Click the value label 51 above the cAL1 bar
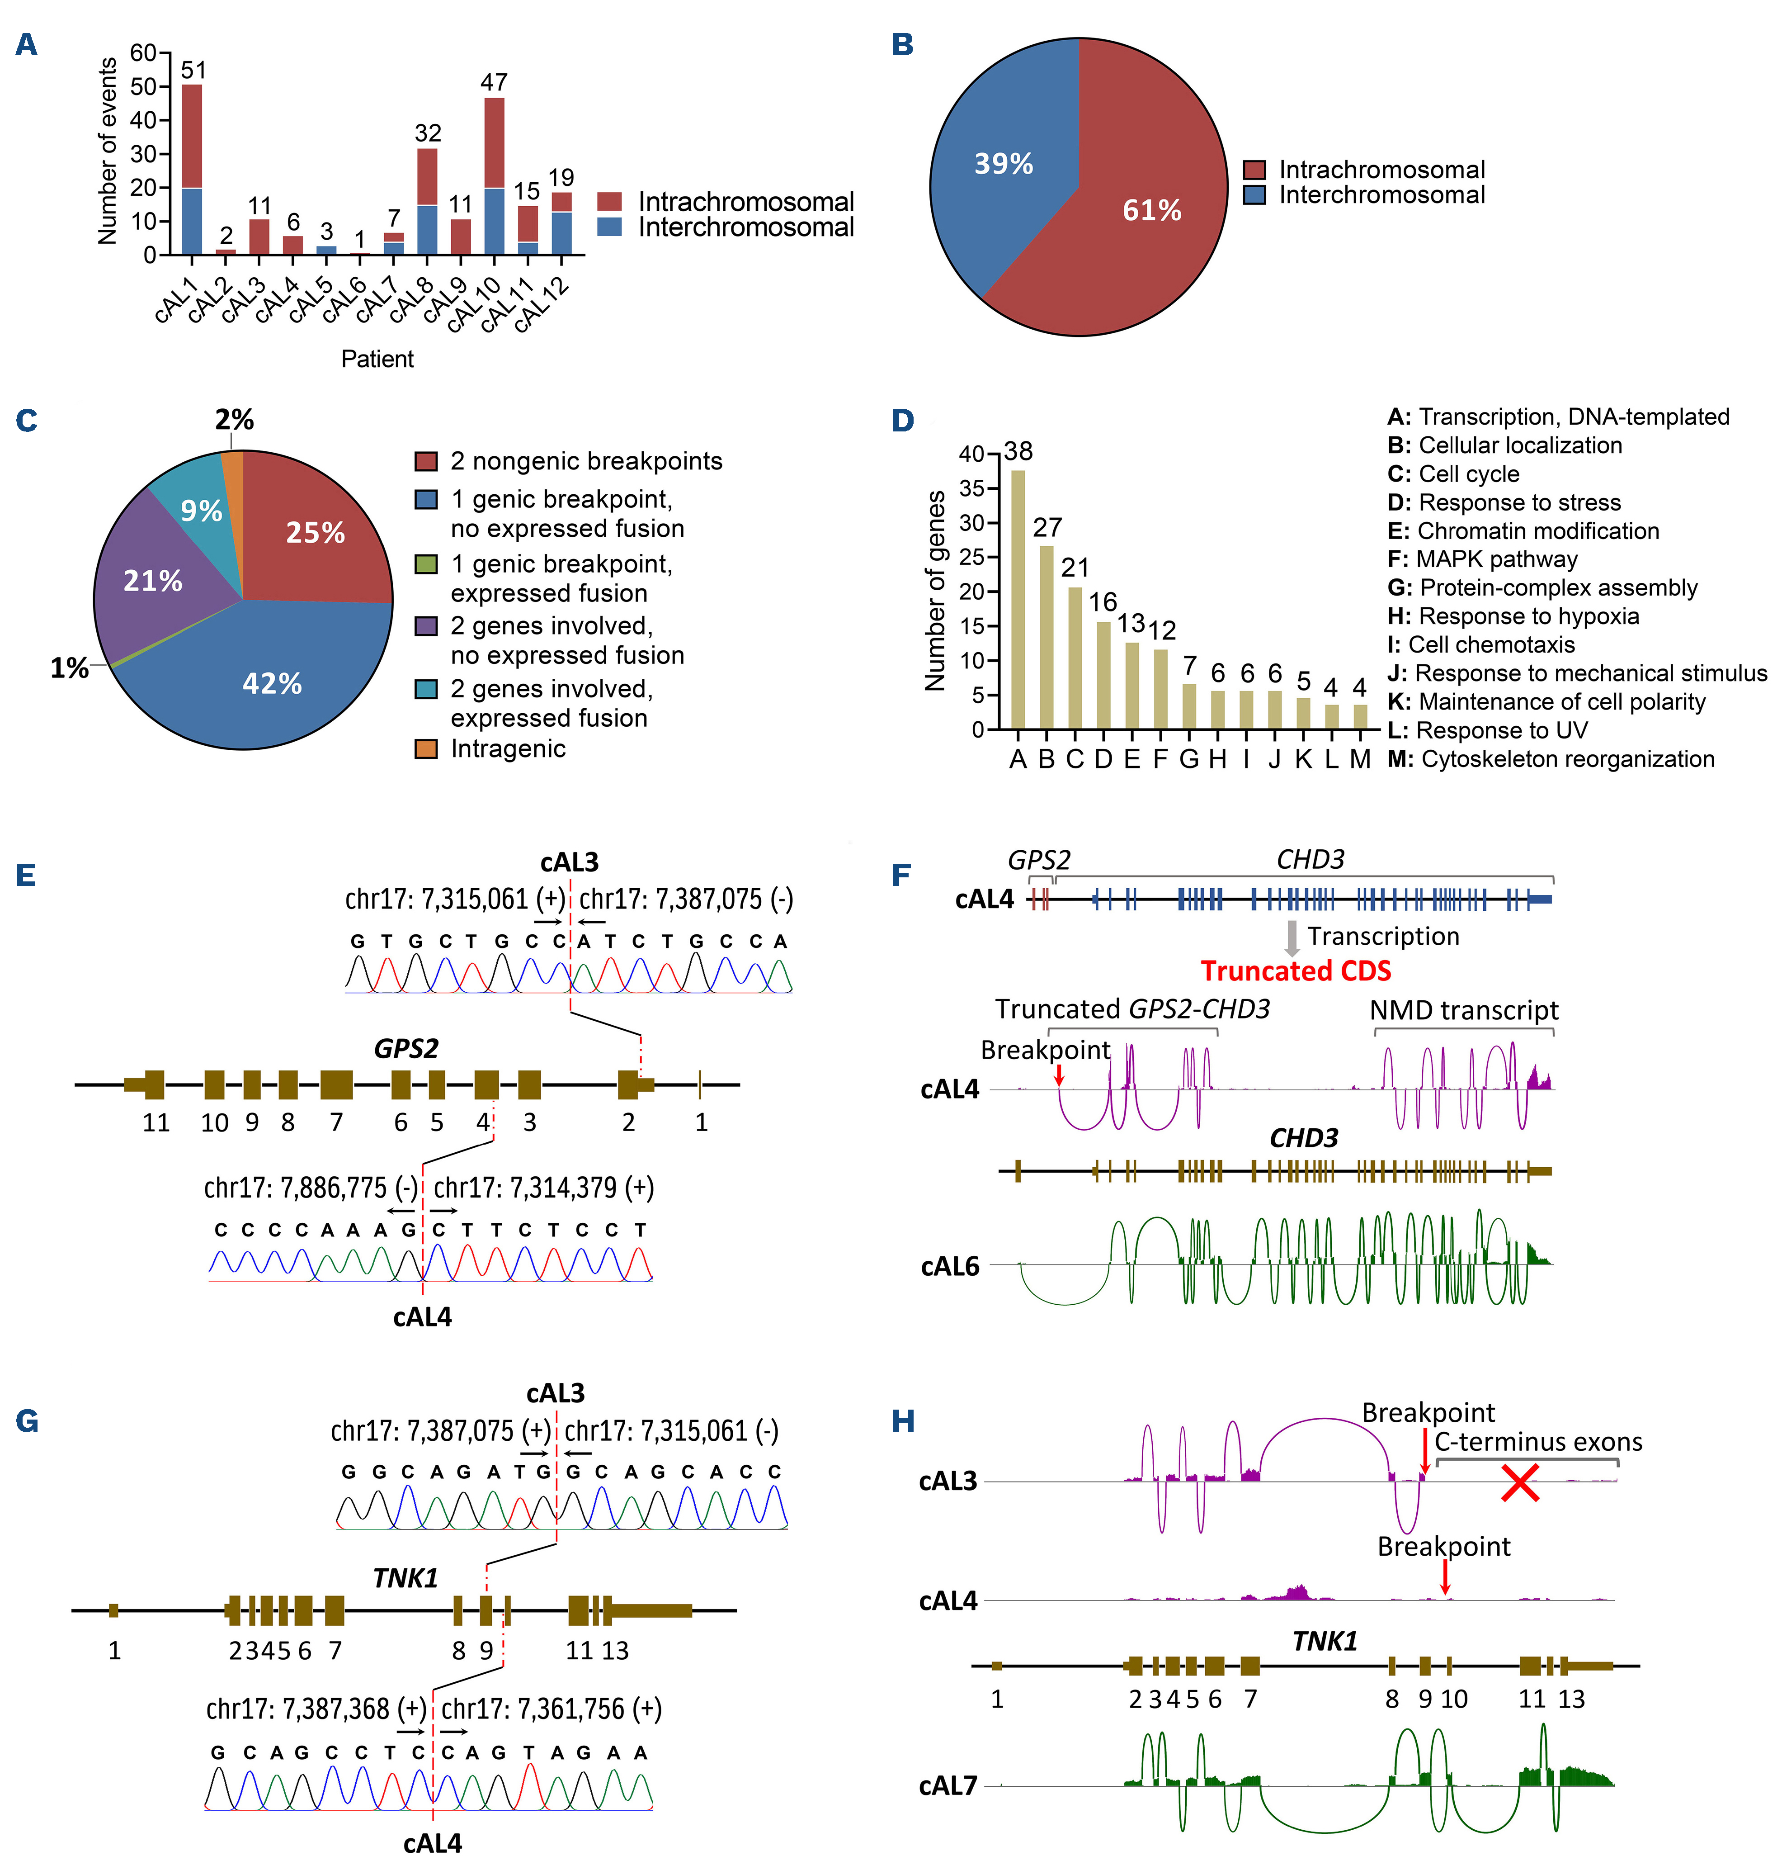(x=193, y=70)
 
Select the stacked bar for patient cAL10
(x=494, y=176)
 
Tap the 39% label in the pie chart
(x=1003, y=164)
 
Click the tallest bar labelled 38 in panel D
(x=1018, y=599)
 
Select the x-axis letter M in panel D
(x=1360, y=759)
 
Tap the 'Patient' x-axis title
(x=377, y=359)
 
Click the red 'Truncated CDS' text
(x=1296, y=971)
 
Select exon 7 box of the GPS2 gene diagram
(x=336, y=1084)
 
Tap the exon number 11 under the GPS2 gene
(x=156, y=1123)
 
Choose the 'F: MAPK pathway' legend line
(x=1482, y=560)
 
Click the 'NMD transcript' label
(x=1464, y=1010)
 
